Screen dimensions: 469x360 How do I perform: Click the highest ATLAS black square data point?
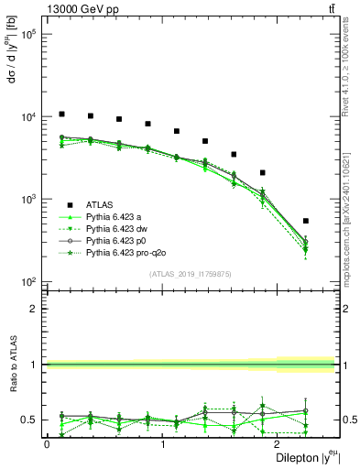click(61, 115)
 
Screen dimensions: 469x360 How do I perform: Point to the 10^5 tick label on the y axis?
click(28, 35)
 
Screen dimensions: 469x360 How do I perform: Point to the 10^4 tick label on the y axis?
click(28, 117)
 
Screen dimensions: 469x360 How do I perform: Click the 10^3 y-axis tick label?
click(28, 199)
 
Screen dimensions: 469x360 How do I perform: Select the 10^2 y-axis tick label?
click(28, 281)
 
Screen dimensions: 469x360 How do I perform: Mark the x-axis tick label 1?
click(163, 444)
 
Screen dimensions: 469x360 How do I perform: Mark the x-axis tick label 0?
click(47, 444)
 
